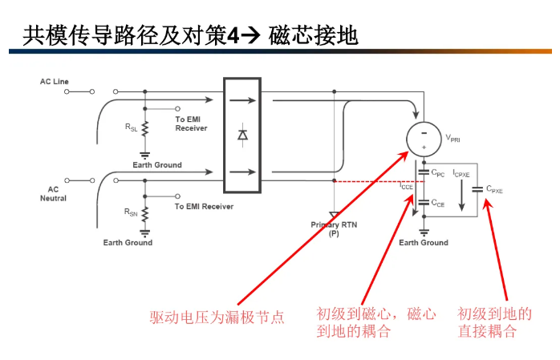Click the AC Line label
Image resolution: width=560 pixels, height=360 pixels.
55,82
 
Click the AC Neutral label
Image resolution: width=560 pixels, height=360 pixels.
54,193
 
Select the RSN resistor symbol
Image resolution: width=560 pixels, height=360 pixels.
144,212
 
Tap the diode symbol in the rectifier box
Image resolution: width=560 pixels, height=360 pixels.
242,135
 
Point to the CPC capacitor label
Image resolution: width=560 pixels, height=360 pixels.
437,172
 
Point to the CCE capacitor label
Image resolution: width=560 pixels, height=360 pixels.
437,204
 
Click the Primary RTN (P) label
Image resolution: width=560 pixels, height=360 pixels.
334,229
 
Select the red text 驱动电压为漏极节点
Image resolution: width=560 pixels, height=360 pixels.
217,317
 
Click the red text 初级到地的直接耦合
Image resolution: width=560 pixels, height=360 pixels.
494,322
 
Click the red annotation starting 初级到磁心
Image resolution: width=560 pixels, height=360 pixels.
375,322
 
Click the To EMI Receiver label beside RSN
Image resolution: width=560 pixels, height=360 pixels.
204,207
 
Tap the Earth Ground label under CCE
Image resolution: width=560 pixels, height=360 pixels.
423,243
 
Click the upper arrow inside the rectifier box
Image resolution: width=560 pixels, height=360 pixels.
242,101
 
